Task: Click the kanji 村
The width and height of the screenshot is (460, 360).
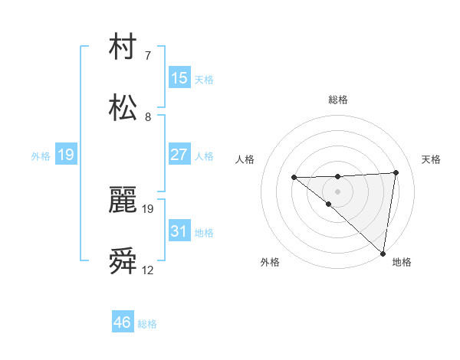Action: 124,48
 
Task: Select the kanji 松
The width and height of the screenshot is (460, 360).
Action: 124,108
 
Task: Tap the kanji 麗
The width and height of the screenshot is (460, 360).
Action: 124,201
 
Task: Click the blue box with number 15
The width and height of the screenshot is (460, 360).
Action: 179,78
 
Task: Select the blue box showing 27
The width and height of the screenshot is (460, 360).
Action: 179,155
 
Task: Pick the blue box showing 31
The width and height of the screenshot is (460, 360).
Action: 179,231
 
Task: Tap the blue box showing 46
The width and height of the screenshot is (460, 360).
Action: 123,322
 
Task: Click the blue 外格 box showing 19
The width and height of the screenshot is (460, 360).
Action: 66,155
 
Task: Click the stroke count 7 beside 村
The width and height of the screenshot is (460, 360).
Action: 148,56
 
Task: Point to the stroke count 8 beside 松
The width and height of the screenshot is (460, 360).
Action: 148,117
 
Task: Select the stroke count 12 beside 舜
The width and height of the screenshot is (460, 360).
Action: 148,270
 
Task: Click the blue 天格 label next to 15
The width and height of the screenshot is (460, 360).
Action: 204,79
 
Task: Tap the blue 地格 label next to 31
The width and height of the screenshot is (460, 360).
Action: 204,232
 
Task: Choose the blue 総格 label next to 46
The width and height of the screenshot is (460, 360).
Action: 147,324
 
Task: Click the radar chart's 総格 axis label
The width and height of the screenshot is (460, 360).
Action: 338,100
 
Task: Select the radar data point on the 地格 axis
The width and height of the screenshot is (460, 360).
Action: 383,254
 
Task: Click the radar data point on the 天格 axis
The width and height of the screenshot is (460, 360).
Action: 396,172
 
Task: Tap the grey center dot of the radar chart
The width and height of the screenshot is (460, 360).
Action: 337,191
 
